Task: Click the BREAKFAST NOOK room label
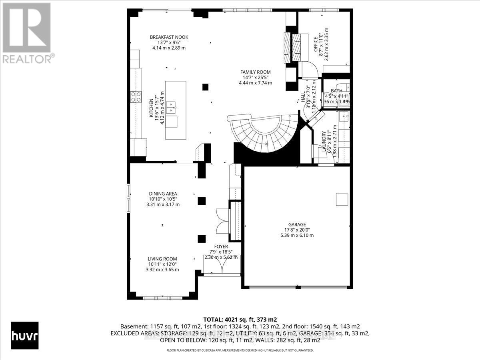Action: coord(169,37)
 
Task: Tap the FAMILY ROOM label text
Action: coord(255,72)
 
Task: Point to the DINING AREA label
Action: coord(163,194)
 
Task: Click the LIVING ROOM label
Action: coord(162,259)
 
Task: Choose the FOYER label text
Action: coord(221,247)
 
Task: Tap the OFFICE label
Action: coord(315,44)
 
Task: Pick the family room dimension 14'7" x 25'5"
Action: coord(256,78)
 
